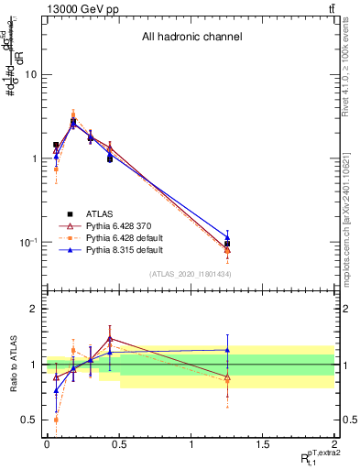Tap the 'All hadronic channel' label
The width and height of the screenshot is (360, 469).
coord(191,38)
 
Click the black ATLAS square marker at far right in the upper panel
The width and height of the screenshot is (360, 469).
coord(227,244)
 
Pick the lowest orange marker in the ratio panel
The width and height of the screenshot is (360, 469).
coord(56,420)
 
